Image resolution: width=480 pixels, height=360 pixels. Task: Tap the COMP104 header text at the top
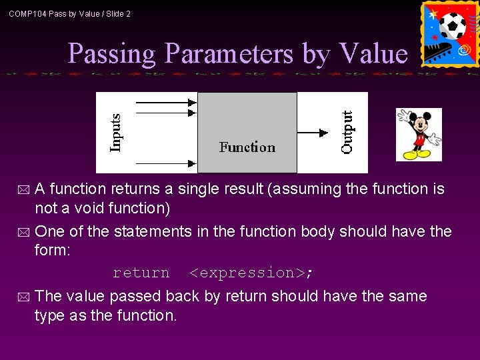[69, 13]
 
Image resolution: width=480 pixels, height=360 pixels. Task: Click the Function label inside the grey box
[247, 147]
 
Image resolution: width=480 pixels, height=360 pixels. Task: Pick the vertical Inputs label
[116, 133]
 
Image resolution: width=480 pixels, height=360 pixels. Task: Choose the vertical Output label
[347, 133]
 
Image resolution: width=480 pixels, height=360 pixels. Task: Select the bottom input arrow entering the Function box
[166, 162]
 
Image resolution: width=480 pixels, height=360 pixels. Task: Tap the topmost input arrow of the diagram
[166, 103]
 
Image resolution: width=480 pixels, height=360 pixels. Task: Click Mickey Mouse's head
[420, 123]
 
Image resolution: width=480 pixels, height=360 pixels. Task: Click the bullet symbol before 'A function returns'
[24, 190]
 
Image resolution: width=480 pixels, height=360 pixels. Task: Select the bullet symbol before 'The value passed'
[24, 297]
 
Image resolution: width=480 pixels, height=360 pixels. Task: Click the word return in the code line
[141, 273]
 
